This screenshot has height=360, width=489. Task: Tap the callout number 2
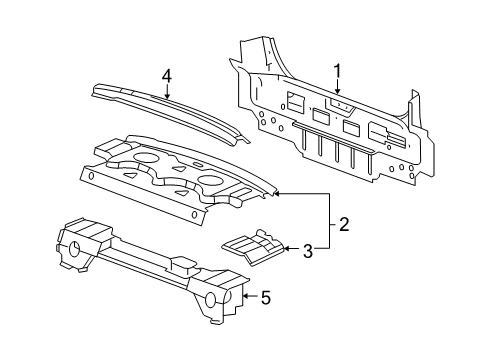(342, 224)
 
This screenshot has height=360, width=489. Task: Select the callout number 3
(308, 250)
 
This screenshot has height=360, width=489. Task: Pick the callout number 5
(265, 296)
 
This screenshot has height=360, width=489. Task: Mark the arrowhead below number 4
(168, 98)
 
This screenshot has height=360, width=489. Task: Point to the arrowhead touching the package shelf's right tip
(278, 192)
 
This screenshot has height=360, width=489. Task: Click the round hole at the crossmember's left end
(75, 251)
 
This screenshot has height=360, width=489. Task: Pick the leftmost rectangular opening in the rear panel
(296, 102)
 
